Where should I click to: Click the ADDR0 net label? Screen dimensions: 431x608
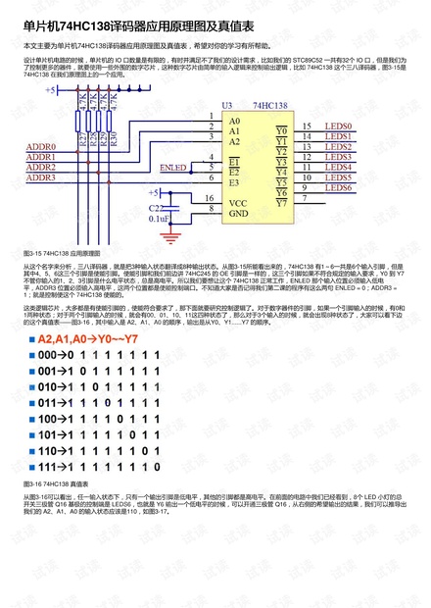point(40,146)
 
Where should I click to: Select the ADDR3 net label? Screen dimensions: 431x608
point(40,177)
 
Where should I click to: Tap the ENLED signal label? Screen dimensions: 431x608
point(173,168)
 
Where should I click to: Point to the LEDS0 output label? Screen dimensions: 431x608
point(338,127)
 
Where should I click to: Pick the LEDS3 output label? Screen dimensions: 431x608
point(338,157)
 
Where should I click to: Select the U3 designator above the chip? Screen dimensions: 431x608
point(227,104)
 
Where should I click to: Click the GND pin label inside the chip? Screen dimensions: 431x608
point(238,212)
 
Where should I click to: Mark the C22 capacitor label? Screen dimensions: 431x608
point(157,208)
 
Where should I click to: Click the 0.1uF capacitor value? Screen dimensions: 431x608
point(158,220)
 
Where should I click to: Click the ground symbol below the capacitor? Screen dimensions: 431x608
point(174,235)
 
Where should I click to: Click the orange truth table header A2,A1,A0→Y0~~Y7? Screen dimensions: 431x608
point(95,340)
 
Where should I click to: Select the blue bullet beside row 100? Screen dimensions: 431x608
point(29,419)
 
